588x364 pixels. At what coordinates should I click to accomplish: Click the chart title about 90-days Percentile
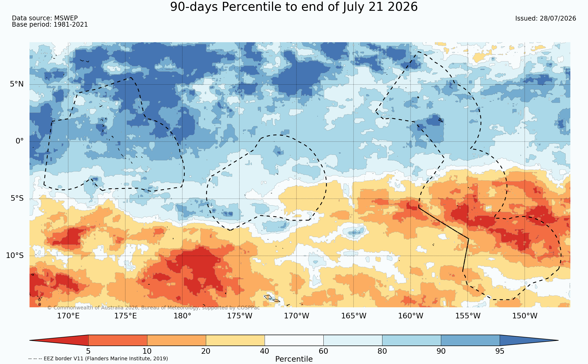point(294,7)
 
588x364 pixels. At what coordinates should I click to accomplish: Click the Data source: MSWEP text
point(45,18)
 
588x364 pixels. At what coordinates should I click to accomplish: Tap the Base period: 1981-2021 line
point(50,25)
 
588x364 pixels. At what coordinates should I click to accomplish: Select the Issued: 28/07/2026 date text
point(546,18)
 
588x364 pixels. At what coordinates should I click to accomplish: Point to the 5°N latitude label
point(17,84)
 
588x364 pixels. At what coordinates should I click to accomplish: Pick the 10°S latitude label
point(15,255)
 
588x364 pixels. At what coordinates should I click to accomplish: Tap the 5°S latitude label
point(17,198)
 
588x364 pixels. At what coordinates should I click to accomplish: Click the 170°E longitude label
point(68,316)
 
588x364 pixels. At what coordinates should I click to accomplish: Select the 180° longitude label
point(182,316)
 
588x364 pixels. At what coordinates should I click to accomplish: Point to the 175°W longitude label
point(240,316)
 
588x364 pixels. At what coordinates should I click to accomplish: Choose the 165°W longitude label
point(354,316)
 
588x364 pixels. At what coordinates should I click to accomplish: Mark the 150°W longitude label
point(524,316)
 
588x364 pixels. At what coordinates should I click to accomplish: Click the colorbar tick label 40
point(265,351)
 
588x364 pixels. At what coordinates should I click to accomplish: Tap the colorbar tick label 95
point(500,351)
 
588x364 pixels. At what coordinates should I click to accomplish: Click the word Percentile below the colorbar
point(294,359)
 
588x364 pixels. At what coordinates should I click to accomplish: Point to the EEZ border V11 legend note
point(98,358)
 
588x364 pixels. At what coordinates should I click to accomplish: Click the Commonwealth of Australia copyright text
point(153,308)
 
